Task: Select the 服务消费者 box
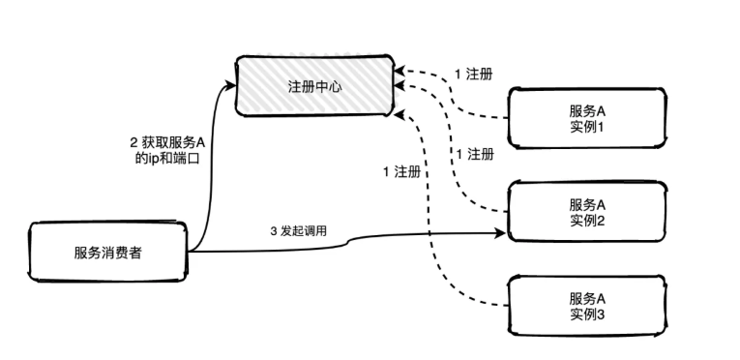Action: pyautogui.click(x=107, y=253)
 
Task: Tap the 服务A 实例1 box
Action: pyautogui.click(x=587, y=119)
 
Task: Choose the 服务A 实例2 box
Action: pyautogui.click(x=587, y=213)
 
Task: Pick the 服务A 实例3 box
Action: pyautogui.click(x=587, y=307)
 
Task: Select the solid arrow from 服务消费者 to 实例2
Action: pyautogui.click(x=387, y=238)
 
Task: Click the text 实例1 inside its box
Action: pyautogui.click(x=587, y=128)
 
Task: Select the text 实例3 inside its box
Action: pyautogui.click(x=587, y=315)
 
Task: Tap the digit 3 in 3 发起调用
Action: pyautogui.click(x=274, y=233)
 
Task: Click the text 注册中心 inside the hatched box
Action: pyautogui.click(x=315, y=87)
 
